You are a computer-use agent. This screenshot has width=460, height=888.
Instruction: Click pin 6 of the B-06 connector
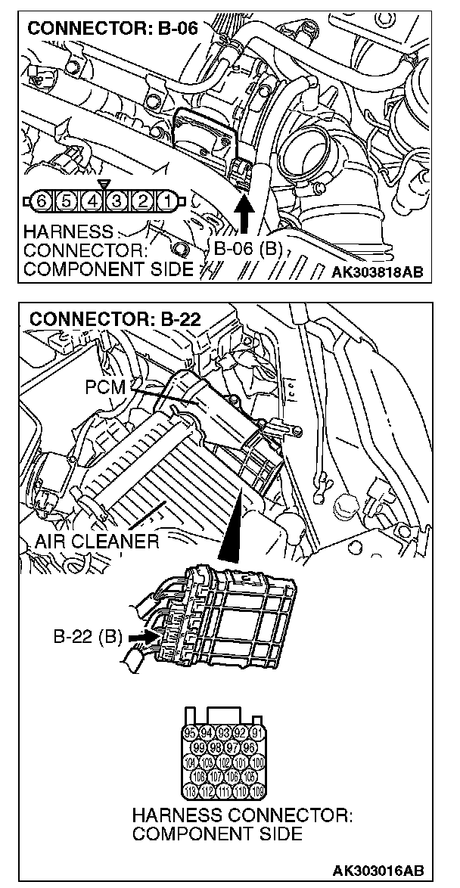pyautogui.click(x=42, y=201)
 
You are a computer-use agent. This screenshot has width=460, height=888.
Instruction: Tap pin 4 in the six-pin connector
pyautogui.click(x=92, y=201)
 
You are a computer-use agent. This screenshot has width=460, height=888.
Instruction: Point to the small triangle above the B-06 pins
pyautogui.click(x=104, y=184)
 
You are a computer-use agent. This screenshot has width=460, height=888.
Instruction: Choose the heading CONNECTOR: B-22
pyautogui.click(x=114, y=318)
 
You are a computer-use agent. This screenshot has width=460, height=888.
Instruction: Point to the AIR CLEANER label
pyautogui.click(x=97, y=541)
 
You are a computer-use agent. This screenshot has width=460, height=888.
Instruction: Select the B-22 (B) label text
pyautogui.click(x=88, y=637)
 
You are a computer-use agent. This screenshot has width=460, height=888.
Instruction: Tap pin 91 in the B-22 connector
pyautogui.click(x=257, y=733)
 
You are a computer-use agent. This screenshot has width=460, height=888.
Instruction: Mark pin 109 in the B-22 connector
pyautogui.click(x=257, y=792)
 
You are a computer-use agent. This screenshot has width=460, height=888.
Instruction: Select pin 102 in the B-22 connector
pyautogui.click(x=225, y=762)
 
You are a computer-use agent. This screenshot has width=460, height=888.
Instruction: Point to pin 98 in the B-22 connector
pyautogui.click(x=216, y=748)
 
